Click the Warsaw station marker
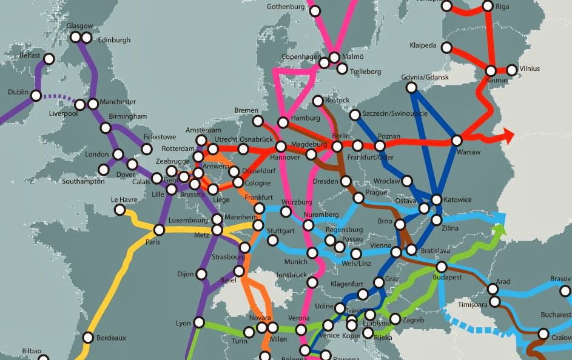[x=457, y=141]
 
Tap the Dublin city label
[x=18, y=92]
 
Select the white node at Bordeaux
[x=88, y=338]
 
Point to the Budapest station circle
[x=442, y=267]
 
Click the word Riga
[x=502, y=7]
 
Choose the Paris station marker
[x=159, y=230]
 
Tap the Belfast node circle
[x=49, y=59]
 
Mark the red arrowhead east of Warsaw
[x=507, y=136]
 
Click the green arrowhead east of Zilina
[x=499, y=230]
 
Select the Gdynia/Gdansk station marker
[x=411, y=88]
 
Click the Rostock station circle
[x=318, y=101]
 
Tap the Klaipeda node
[x=447, y=47]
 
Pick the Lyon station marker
[x=198, y=322]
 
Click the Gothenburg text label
[x=285, y=7]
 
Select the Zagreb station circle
[x=395, y=319]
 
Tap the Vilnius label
[x=529, y=68]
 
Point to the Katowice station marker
[x=436, y=199]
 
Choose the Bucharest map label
[x=556, y=315]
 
